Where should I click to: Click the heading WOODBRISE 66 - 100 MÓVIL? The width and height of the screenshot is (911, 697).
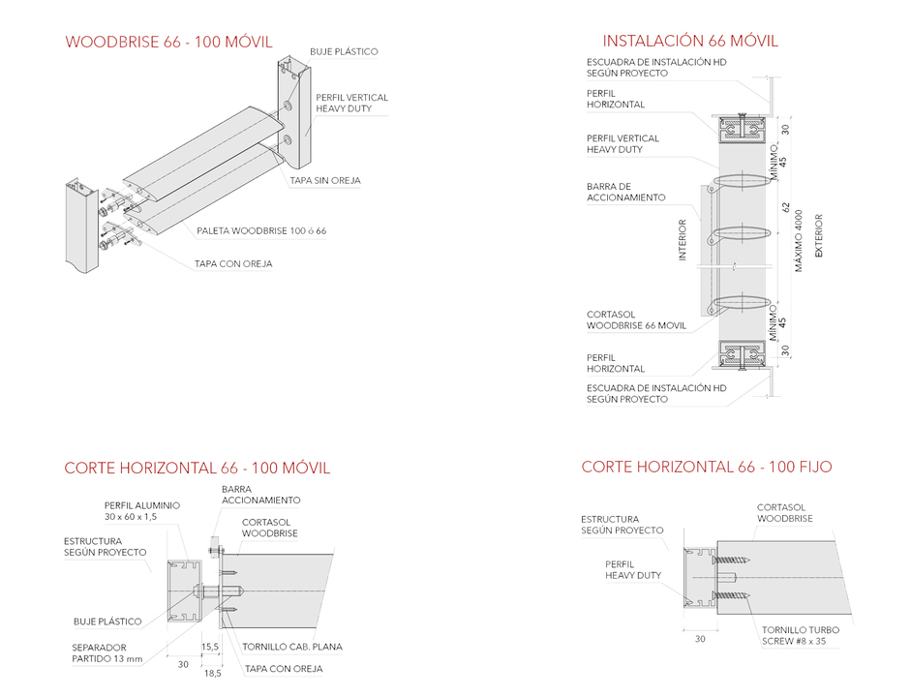coord(168,42)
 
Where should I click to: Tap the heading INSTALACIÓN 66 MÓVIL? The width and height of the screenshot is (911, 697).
coord(689,41)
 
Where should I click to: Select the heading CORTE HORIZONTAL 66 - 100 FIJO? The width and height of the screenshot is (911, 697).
coord(706,467)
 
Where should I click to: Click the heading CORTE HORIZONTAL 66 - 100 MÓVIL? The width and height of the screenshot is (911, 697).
coord(197,468)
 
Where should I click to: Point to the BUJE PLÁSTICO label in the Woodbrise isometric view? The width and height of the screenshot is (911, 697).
coord(344,51)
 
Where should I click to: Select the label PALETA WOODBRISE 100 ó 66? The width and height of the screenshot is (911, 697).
coord(260,231)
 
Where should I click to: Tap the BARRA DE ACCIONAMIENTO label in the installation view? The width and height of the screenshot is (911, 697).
coord(625,192)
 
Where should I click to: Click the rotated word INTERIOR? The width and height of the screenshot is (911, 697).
coord(683,240)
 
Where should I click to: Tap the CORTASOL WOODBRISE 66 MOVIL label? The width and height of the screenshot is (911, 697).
coord(636,319)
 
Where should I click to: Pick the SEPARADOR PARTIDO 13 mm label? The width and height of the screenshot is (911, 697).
coord(106,652)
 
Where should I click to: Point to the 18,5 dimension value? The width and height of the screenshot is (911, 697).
coord(211,672)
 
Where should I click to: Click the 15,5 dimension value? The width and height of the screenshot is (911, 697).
coord(209,646)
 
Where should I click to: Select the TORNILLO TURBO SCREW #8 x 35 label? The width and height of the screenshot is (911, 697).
coord(799,635)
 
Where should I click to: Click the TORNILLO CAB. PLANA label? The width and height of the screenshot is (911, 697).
coord(292,647)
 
